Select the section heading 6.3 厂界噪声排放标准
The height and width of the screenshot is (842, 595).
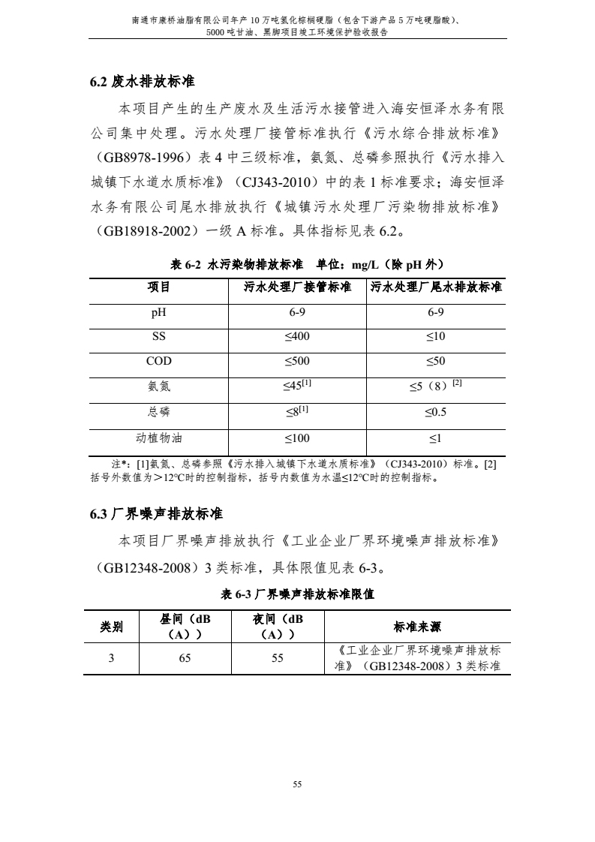157,514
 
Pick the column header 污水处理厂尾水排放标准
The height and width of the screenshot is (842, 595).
436,287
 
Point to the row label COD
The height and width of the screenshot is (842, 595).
158,361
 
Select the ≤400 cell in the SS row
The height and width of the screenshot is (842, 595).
297,335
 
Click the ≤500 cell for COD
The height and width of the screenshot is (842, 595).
297,361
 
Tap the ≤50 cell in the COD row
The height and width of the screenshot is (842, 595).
435,361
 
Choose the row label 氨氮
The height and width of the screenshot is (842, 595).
158,386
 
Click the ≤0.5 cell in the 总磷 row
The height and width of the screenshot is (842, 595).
435,412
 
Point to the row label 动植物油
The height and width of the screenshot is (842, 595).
158,438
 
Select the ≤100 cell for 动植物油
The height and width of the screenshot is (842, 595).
297,438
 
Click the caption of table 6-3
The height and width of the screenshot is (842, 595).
298,594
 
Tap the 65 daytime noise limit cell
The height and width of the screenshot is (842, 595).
185,658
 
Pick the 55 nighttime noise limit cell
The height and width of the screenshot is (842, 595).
278,658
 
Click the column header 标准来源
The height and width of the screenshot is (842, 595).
417,627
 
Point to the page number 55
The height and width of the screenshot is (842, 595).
297,784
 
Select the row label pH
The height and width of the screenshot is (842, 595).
158,312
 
